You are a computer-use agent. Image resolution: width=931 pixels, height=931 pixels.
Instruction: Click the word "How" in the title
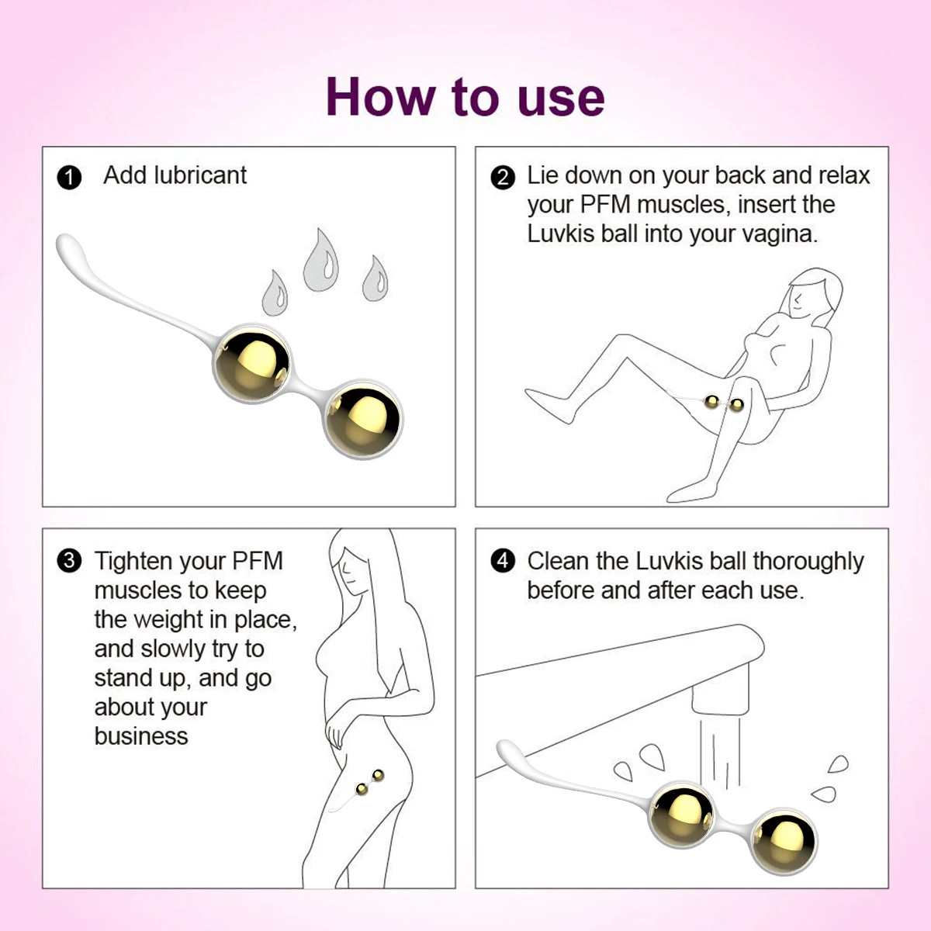[380, 97]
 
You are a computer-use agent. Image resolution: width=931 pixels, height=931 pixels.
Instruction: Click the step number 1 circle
[69, 178]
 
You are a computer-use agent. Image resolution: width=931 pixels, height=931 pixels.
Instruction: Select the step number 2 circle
[503, 178]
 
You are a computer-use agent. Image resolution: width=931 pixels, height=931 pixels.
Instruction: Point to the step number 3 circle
[69, 561]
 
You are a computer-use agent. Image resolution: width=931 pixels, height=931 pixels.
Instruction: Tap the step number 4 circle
[503, 561]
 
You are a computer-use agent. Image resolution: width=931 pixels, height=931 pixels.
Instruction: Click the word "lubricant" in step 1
[200, 175]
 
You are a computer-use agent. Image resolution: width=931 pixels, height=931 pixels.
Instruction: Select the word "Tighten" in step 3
[133, 562]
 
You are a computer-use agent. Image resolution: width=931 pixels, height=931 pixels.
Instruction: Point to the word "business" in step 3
[141, 735]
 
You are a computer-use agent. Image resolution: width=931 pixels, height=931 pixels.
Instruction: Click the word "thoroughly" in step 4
[808, 562]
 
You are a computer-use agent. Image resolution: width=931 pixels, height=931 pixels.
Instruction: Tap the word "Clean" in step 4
[558, 561]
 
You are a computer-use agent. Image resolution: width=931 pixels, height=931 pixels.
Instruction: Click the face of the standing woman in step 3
[349, 572]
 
